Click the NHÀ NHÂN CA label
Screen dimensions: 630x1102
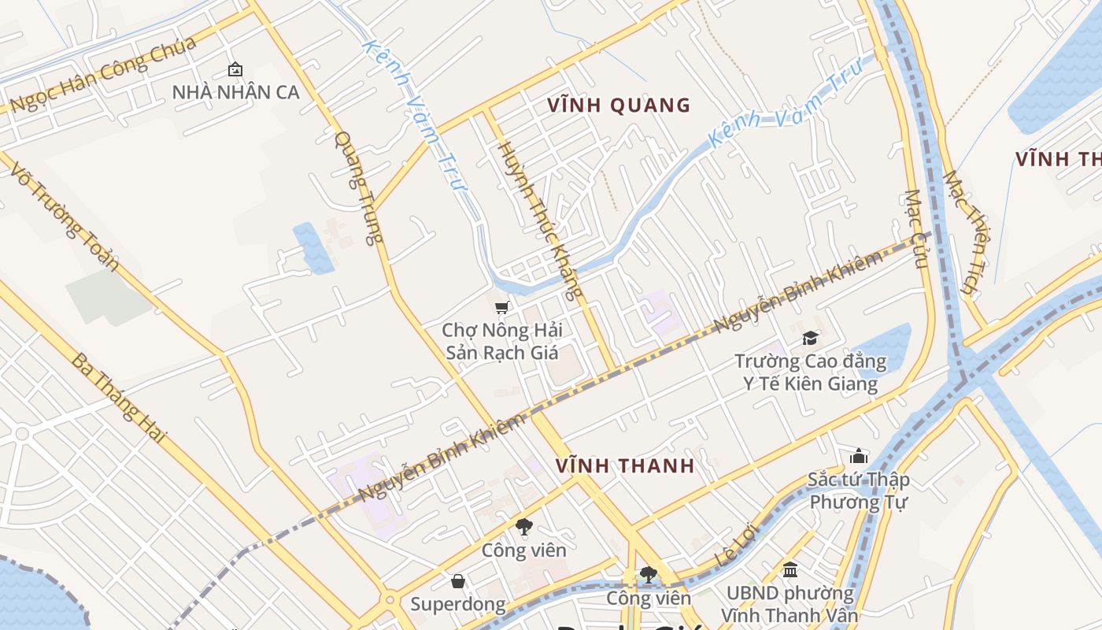(x=235, y=92)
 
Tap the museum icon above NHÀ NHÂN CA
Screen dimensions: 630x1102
(x=235, y=69)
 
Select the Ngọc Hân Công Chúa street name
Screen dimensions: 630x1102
(x=102, y=74)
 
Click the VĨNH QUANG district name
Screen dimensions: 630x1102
(x=619, y=105)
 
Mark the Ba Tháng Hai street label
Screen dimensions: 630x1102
(x=119, y=397)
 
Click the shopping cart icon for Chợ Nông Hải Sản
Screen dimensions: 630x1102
(x=501, y=307)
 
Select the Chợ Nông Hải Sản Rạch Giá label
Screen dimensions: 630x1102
(x=501, y=341)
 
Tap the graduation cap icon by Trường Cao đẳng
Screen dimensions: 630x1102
(x=810, y=339)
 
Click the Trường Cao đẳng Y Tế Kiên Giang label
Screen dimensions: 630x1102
(x=810, y=372)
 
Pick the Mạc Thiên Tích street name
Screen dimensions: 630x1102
(x=963, y=232)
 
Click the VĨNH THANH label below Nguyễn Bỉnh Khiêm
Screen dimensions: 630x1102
(x=625, y=465)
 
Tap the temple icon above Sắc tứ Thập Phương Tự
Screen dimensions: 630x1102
(x=858, y=456)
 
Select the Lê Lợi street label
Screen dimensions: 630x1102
(x=734, y=546)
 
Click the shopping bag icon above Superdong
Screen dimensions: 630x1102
(x=458, y=581)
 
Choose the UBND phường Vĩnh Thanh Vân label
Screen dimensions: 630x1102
(x=790, y=603)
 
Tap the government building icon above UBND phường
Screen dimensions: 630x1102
(x=790, y=569)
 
